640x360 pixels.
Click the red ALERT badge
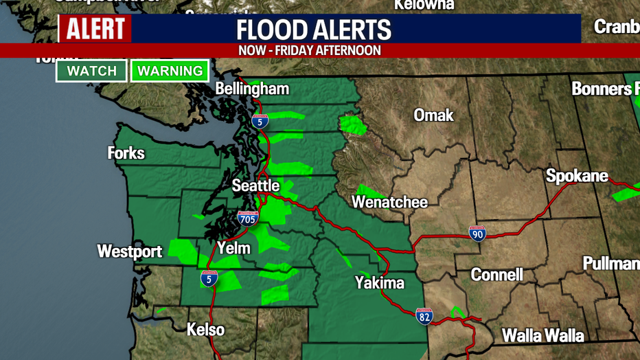coord(95,30)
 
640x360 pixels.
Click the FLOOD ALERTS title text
coord(314,30)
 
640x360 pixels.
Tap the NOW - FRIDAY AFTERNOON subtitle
coord(310,51)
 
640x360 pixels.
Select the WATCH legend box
coord(91,71)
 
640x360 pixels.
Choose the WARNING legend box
coord(170,71)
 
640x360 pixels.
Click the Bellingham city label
coord(252,89)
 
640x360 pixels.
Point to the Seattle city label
coord(255,185)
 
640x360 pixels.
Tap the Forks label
coord(126,153)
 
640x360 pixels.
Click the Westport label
coord(130,251)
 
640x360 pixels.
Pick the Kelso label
coord(205,330)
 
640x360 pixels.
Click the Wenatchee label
coord(389,202)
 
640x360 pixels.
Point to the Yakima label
coord(379,282)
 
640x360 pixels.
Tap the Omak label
coord(433,115)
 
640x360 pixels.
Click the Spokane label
coord(577,176)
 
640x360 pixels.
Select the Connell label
coord(496,275)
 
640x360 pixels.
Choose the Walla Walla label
coord(542,335)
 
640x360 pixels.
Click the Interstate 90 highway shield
coord(478,234)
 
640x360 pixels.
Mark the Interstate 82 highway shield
coord(424,315)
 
